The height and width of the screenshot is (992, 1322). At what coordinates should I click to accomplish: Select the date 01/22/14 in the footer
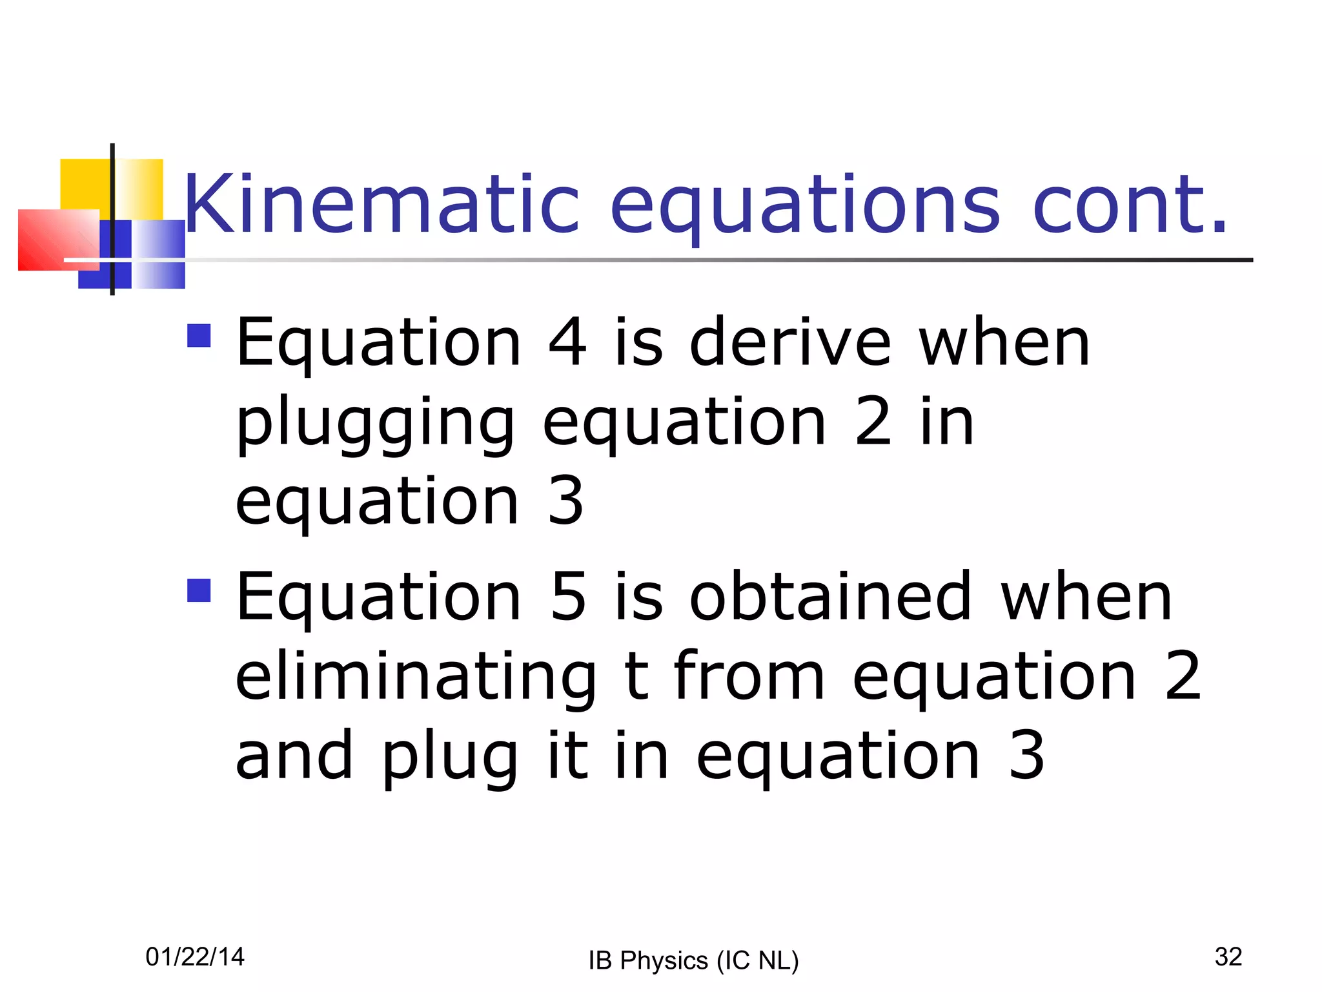coord(195,956)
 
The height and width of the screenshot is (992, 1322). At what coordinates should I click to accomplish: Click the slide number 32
coord(1228,956)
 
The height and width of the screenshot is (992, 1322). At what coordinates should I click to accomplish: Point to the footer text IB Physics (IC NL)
coord(693,960)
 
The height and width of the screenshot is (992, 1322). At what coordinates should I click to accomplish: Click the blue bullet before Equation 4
coord(199,335)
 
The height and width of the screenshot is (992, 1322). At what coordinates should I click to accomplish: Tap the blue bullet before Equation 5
coord(199,590)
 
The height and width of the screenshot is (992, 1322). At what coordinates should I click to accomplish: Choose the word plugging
coord(375,423)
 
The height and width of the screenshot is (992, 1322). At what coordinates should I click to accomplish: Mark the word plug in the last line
coord(450,756)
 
